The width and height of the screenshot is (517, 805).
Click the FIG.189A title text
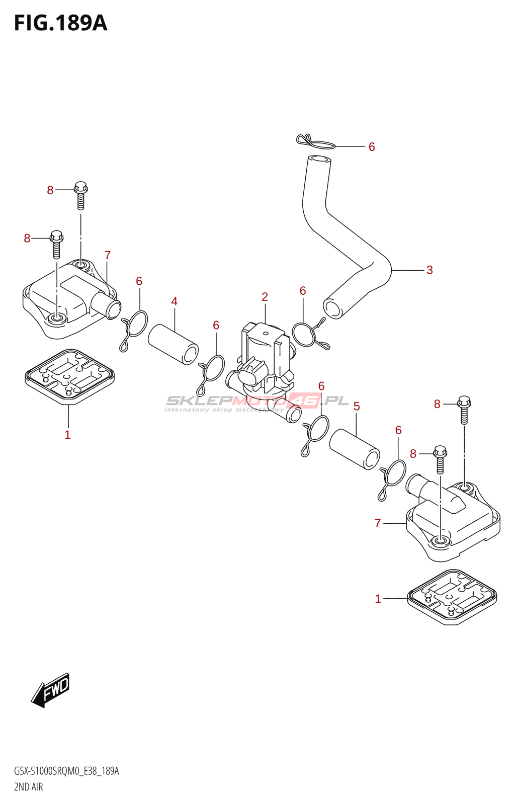coord(61,23)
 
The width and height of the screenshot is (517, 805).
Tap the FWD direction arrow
coord(51,690)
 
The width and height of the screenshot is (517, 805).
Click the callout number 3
coord(429,270)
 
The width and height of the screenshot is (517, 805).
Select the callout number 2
coord(265,297)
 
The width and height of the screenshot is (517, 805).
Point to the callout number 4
coord(174,301)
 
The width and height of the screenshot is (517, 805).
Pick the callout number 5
coord(357,406)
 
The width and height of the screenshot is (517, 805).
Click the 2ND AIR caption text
coord(29,787)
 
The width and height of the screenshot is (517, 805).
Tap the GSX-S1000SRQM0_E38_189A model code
coord(66,771)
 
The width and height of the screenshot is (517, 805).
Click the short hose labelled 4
coord(173,344)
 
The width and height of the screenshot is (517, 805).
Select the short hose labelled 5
coord(355,448)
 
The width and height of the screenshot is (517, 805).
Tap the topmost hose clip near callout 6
coord(316,142)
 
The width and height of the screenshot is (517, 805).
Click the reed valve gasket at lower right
coord(452,597)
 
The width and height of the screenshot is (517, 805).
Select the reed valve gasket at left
coord(69,376)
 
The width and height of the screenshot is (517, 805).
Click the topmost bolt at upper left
coord(80,195)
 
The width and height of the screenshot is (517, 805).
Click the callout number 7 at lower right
coord(378,523)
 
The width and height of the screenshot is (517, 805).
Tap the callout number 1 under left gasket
coord(67,435)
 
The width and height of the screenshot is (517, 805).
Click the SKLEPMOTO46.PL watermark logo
coord(256,401)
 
